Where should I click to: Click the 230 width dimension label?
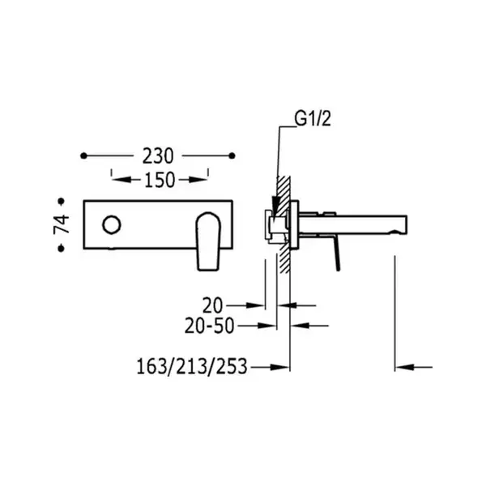[158, 156]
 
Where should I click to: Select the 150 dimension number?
[160, 180]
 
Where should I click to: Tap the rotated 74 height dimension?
[62, 224]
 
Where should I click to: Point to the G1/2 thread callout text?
[313, 119]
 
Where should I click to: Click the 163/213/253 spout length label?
[192, 366]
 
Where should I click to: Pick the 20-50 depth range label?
[209, 326]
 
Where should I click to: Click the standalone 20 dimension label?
[212, 305]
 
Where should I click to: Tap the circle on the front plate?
[112, 224]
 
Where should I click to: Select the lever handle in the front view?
[209, 241]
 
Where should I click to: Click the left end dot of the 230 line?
[83, 156]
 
